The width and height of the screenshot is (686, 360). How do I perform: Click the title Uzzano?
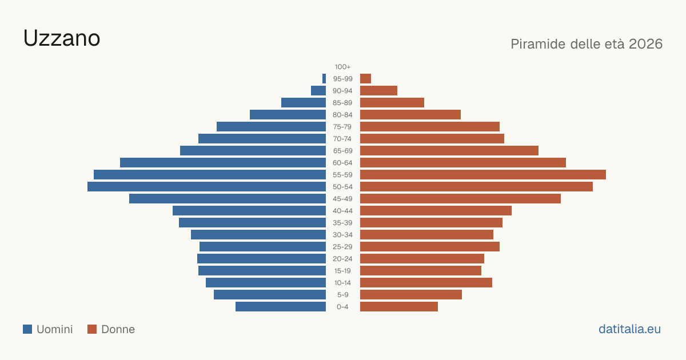(x=62, y=38)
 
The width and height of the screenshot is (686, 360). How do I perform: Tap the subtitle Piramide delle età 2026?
(x=587, y=44)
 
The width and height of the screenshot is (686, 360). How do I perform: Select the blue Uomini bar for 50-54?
(x=207, y=187)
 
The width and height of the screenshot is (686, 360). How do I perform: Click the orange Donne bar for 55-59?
(x=483, y=175)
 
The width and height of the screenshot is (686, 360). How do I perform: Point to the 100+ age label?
(x=342, y=67)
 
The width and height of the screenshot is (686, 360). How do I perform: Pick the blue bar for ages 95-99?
(x=324, y=79)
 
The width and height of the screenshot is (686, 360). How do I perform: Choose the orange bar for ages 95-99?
(x=366, y=79)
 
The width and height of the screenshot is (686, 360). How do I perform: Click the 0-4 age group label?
(x=342, y=307)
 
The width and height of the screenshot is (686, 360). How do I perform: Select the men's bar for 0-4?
(x=281, y=307)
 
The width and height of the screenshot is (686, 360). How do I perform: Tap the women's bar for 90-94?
(x=378, y=91)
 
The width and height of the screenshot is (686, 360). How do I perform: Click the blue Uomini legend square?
(x=27, y=329)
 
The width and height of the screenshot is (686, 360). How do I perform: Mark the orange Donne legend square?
(x=92, y=329)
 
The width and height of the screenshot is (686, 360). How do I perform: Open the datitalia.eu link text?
(x=629, y=329)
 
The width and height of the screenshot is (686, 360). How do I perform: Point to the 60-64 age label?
(x=342, y=163)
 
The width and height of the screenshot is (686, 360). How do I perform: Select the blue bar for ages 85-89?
(x=304, y=102)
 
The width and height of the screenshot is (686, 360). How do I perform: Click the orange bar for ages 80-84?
(x=410, y=115)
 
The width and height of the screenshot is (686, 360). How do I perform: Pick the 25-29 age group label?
(x=342, y=247)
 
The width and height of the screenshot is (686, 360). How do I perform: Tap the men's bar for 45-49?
(x=228, y=199)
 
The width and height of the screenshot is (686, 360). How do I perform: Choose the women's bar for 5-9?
(x=411, y=295)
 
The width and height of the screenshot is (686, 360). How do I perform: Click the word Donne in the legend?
(x=118, y=329)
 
